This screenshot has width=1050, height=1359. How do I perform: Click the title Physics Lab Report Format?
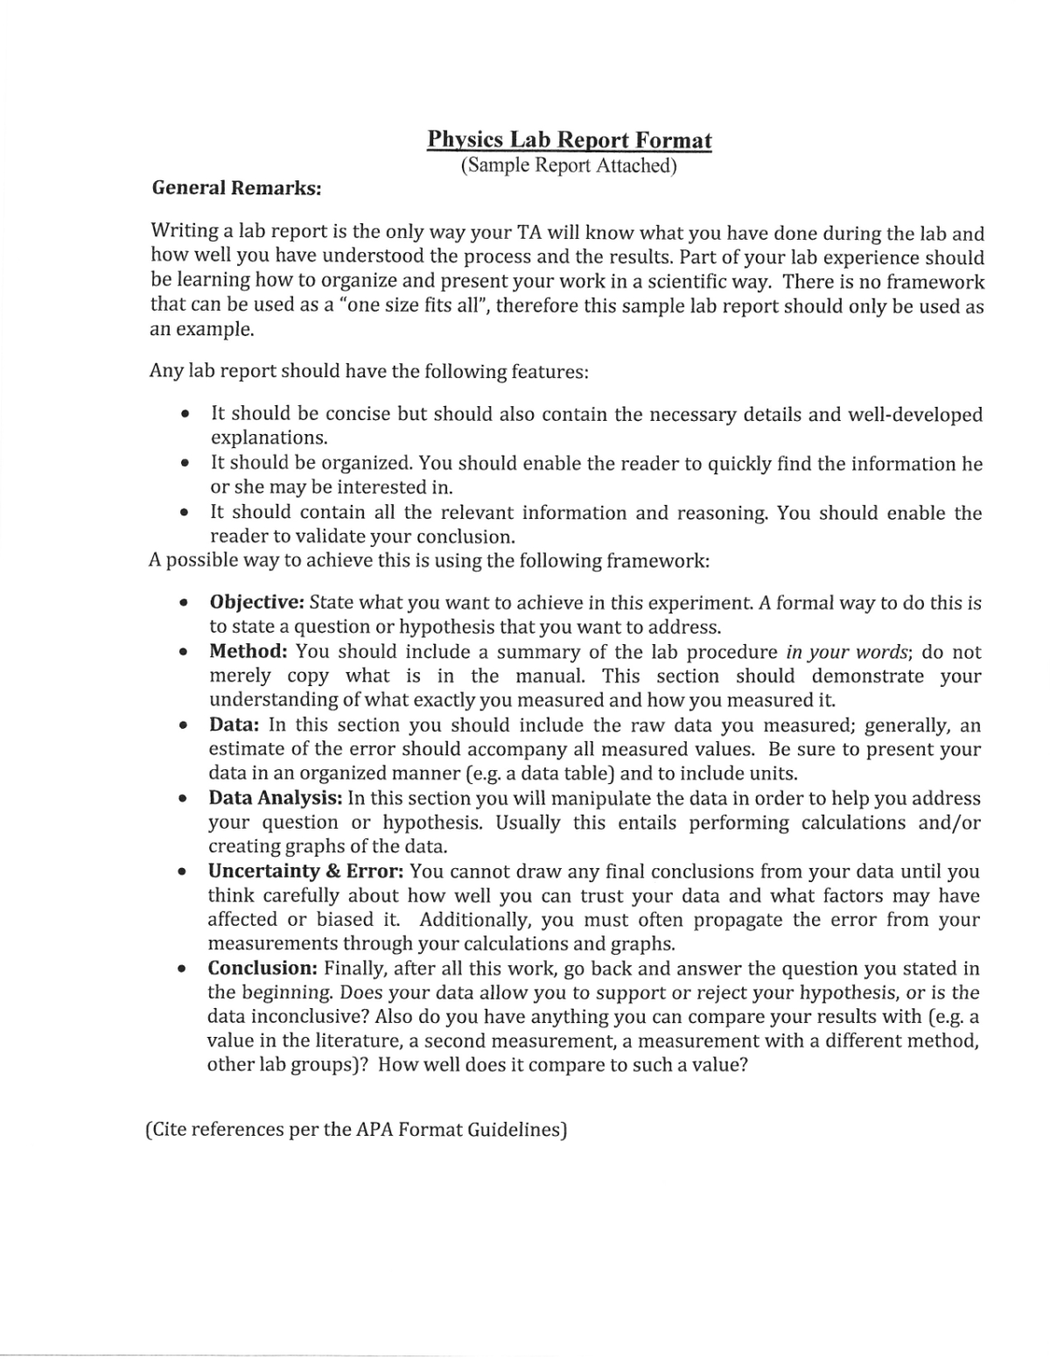(569, 140)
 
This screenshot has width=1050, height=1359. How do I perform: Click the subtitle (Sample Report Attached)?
(569, 165)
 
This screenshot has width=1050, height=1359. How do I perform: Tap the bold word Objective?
(256, 603)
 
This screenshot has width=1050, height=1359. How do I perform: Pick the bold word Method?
(248, 652)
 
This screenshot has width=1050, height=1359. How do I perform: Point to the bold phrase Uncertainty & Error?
(305, 872)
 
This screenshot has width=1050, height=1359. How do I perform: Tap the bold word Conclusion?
(262, 969)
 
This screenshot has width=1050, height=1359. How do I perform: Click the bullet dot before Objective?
(183, 604)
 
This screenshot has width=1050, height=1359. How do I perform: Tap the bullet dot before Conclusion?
(181, 970)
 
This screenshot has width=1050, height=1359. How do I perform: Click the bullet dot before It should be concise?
(184, 415)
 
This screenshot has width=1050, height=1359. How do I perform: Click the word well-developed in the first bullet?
(915, 415)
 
